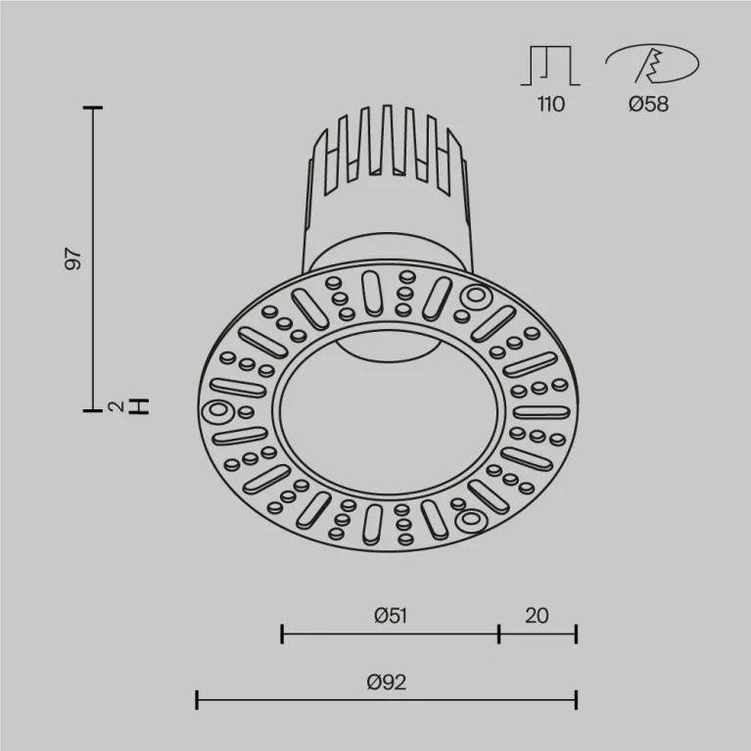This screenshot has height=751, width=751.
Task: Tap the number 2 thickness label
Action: click(117, 405)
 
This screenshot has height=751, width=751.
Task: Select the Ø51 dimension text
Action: click(390, 615)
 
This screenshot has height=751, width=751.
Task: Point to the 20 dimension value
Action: click(536, 615)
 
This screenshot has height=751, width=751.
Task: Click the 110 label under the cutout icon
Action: click(550, 104)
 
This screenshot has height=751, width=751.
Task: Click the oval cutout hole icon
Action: click(651, 66)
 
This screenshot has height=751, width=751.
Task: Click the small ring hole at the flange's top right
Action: click(476, 296)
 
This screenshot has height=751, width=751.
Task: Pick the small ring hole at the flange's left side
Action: click(217, 410)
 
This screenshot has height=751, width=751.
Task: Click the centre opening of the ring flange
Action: click(388, 421)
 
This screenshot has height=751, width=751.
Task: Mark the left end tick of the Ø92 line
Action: click(198, 699)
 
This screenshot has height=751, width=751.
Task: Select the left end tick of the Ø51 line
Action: click(282, 634)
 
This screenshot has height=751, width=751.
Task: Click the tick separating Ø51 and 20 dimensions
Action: click(498, 634)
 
